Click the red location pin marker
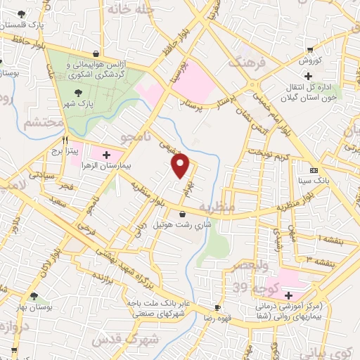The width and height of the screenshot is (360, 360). pyautogui.click(x=181, y=165)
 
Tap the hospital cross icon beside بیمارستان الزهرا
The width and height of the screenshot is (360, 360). pyautogui.click(x=106, y=155)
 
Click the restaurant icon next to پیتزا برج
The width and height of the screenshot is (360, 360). pyautogui.click(x=65, y=139)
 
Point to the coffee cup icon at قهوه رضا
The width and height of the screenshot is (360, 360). pyautogui.click(x=217, y=308)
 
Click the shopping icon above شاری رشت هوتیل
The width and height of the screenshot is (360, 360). pyautogui.click(x=183, y=214)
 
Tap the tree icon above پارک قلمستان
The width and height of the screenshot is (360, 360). pyautogui.click(x=25, y=14)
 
